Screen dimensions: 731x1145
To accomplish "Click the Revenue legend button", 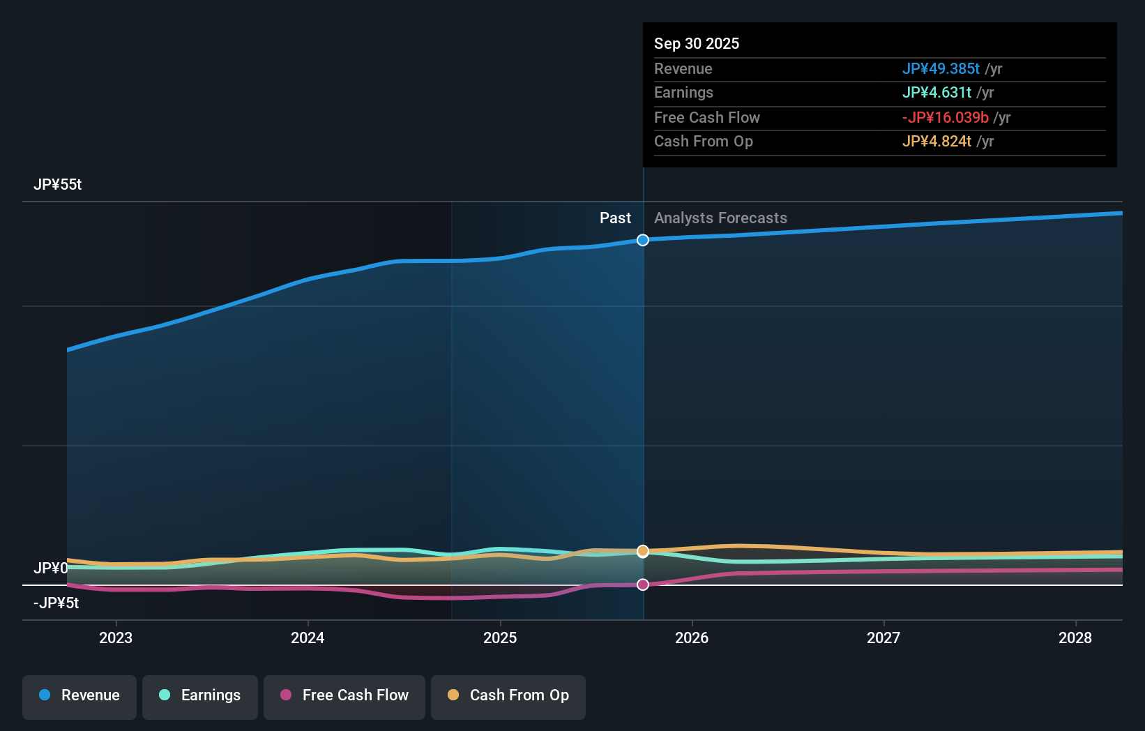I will pos(79,696).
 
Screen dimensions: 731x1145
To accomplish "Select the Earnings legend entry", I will pos(200,696).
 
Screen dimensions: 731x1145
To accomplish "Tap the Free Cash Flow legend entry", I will pos(344,696).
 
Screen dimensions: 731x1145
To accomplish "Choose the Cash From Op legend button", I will pos(508,696).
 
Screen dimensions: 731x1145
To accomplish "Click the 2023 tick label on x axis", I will pos(116,638).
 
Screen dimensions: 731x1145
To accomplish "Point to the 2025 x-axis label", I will pos(500,638).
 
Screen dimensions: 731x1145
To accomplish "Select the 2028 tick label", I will pos(1075,638).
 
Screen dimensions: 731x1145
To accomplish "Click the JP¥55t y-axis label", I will pos(58,185).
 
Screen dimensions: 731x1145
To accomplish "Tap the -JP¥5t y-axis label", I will pos(56,603).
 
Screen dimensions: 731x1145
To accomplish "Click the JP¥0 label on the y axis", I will pos(51,568).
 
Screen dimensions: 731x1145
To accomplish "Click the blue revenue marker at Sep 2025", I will pos(643,240).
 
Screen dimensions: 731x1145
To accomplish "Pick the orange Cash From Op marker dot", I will pos(643,551).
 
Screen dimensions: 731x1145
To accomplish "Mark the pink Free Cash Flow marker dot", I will pos(643,585).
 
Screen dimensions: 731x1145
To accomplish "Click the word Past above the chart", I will pos(615,218).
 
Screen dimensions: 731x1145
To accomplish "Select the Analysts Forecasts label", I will pos(720,218).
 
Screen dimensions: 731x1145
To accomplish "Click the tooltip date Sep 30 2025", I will pos(697,44).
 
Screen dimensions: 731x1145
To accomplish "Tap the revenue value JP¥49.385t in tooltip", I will pos(941,69).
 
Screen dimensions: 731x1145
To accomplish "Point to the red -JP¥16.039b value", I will pos(945,118).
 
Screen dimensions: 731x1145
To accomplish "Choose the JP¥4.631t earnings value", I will pos(937,93).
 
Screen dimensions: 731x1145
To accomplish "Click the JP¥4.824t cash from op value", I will pos(937,142).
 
